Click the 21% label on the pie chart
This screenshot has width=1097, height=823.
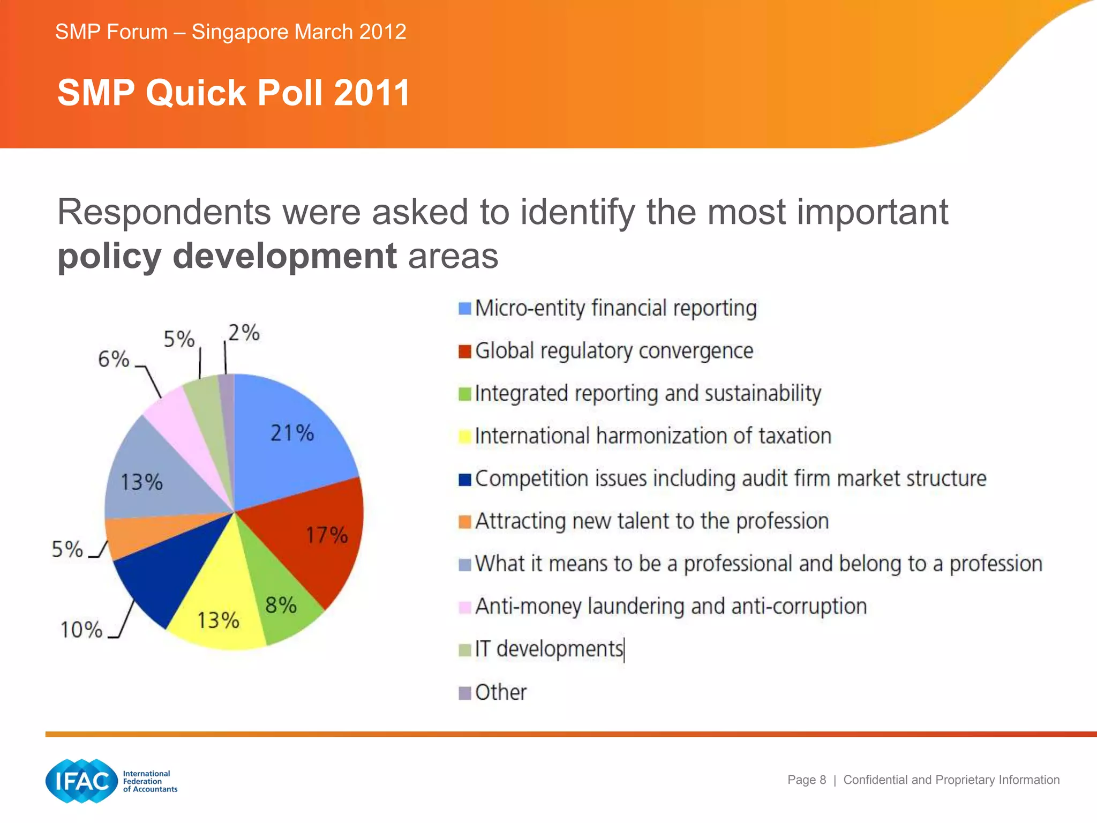[292, 433]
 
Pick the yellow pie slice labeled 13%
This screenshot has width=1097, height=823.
[220, 611]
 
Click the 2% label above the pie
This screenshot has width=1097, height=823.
[244, 333]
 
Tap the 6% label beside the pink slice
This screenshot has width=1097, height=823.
[114, 359]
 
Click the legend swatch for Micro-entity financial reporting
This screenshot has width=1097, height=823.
[465, 309]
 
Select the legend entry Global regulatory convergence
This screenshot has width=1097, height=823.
[614, 351]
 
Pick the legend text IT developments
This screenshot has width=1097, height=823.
[549, 649]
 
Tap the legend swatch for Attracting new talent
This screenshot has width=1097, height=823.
[465, 521]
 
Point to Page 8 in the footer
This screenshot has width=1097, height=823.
[807, 780]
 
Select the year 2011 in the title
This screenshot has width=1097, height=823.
[372, 93]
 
